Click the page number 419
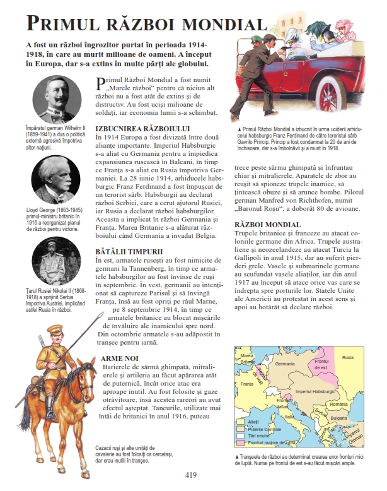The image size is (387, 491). click(x=193, y=475)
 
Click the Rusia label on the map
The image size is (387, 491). click(x=349, y=358)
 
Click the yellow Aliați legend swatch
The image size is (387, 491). click(x=240, y=420)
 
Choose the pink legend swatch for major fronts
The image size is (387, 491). click(x=240, y=443)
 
